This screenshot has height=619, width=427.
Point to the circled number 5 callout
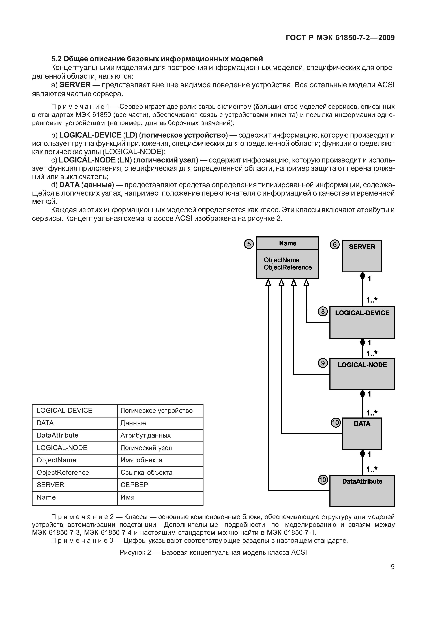249,244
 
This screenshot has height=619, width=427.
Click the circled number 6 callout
334,245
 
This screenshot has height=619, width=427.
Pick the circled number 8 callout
323,311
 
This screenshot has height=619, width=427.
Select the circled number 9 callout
323,363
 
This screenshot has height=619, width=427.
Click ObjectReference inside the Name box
288,267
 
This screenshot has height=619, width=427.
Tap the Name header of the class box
288,243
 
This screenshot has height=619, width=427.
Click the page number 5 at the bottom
392,567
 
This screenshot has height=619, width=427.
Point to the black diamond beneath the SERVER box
362,276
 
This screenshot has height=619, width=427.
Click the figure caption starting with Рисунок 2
213,552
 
